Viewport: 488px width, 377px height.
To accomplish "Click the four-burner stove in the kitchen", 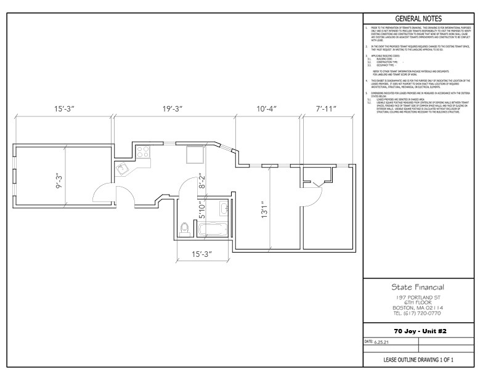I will [144, 150].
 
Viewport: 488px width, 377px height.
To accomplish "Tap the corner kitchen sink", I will [121, 168].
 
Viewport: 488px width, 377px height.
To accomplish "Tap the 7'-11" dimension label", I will [327, 108].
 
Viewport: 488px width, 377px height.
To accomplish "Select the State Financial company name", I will [418, 287].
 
